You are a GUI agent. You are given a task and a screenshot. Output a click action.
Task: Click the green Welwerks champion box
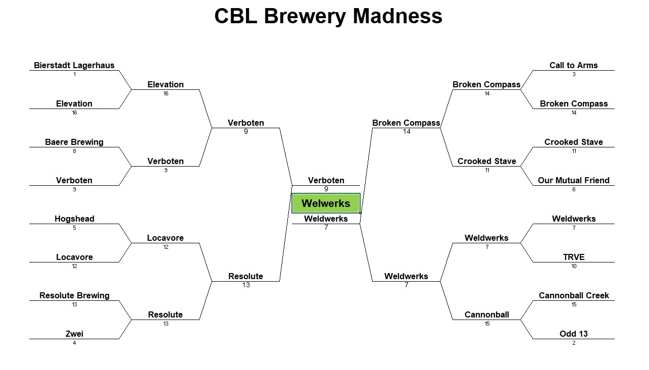[x=326, y=203]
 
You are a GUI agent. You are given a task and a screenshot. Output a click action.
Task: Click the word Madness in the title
[x=397, y=16]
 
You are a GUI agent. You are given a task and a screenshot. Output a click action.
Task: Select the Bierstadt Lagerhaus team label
[x=74, y=66]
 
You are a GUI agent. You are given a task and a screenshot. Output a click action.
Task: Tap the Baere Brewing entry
[x=74, y=142]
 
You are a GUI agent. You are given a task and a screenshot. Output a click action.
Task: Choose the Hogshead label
[x=74, y=219]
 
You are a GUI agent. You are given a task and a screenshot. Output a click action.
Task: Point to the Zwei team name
[x=74, y=334]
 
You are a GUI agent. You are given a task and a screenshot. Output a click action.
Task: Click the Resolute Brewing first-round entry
[x=74, y=296]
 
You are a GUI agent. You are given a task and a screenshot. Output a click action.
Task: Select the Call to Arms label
[x=574, y=66]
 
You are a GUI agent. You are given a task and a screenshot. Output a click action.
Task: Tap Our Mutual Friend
[x=574, y=180]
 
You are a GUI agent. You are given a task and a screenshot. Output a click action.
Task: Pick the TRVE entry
[x=574, y=257]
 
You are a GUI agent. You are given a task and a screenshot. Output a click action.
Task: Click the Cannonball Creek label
[x=574, y=295]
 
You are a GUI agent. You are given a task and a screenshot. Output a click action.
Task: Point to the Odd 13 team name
[x=574, y=334]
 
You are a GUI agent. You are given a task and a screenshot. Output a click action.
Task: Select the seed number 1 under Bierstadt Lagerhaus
[x=74, y=74]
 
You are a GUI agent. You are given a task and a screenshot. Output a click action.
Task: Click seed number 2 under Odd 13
[x=574, y=343]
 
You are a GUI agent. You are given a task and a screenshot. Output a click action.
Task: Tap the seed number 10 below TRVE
[x=574, y=267]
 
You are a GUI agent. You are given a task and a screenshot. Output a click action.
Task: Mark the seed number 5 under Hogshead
[x=74, y=228]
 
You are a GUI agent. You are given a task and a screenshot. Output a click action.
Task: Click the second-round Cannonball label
[x=487, y=314]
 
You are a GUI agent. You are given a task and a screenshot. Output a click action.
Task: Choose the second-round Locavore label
[x=166, y=238]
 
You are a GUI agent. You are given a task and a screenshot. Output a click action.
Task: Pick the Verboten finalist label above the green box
[x=326, y=180]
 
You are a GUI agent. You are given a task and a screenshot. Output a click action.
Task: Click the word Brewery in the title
[x=305, y=17]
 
